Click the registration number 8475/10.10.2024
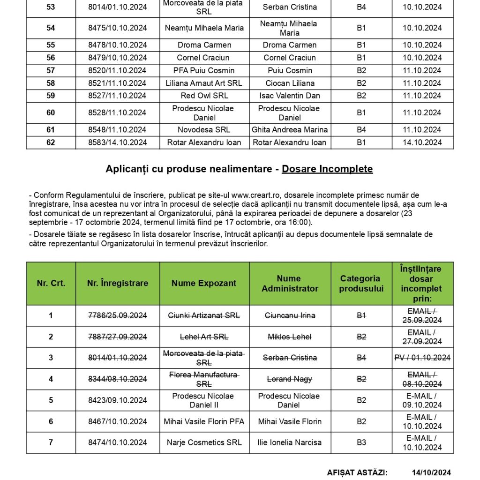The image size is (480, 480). pos(118,28)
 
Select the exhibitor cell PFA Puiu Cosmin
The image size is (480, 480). pos(204,70)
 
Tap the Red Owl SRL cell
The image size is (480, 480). pos(204,96)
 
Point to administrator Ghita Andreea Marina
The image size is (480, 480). pos(290,130)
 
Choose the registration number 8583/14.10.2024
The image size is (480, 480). pos(118,142)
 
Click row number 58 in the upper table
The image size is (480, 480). pos(51,83)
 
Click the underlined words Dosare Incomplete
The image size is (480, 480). pos(327,169)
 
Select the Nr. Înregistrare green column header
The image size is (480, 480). pos(118,283)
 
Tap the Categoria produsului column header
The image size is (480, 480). pos(361,283)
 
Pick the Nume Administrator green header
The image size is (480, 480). pos(290,283)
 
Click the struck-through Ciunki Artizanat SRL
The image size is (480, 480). pos(204,315)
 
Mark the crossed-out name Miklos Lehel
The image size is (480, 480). pos(290,337)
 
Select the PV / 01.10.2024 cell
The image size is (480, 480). pos(422,358)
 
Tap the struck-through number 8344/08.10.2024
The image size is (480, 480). pos(118,379)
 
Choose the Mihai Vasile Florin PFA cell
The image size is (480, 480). pos(204,421)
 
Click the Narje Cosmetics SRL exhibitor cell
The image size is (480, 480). pos(204,442)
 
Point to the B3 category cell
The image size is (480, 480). pos(361,442)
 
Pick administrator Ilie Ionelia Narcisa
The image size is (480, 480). pos(290,442)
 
